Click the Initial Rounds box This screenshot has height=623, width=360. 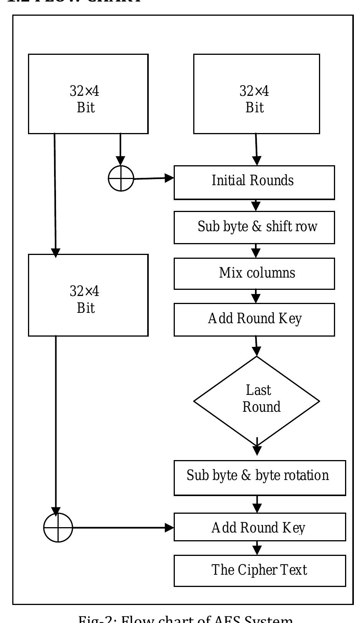tap(254, 182)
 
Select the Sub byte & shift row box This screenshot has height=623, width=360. tap(254, 227)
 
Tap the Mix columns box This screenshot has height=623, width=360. tap(254, 273)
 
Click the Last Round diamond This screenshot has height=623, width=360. tap(256, 401)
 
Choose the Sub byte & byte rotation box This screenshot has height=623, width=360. tap(260, 478)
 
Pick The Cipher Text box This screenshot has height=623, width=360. tap(260, 570)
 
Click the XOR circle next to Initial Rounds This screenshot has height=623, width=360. tap(121, 178)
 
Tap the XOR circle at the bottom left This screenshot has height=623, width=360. tap(58, 528)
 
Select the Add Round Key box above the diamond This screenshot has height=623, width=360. tap(254, 319)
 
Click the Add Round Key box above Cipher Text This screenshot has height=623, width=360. tap(260, 527)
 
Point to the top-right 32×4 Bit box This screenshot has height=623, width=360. tap(256, 94)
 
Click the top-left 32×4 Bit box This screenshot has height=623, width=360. tap(88, 94)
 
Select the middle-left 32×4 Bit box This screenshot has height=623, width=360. tap(88, 295)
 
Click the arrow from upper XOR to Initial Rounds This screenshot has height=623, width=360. tap(153, 178)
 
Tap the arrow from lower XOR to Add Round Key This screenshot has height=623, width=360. tap(123, 528)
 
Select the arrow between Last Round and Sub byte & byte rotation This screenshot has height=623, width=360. tap(257, 448)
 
